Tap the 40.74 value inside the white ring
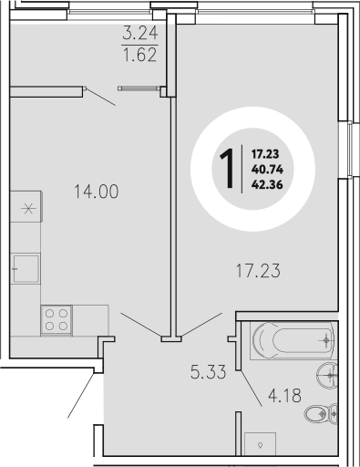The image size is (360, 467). coord(263,169)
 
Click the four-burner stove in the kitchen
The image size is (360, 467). coord(56,320)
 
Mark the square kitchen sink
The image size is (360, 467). coord(26,270)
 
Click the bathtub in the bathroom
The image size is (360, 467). coord(290,342)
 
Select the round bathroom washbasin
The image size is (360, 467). coord(329,374)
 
